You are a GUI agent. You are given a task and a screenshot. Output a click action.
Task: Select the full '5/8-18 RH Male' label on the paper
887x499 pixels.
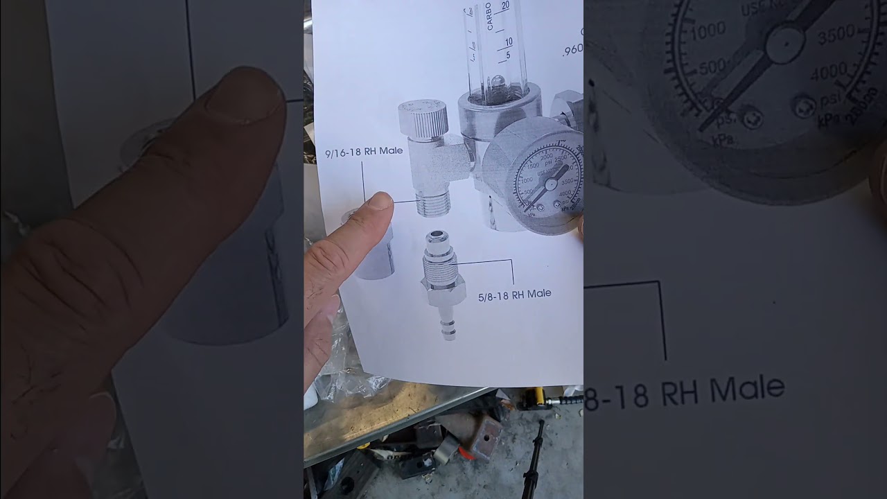(x=515, y=294)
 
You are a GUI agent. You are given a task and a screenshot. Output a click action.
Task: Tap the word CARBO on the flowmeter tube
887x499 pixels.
(x=490, y=15)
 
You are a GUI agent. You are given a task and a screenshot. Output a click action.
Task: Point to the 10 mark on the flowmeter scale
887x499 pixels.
(x=509, y=42)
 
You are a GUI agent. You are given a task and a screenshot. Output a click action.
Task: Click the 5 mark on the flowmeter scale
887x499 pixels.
(x=509, y=55)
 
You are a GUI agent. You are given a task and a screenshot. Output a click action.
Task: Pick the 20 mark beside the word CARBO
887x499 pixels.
(x=506, y=6)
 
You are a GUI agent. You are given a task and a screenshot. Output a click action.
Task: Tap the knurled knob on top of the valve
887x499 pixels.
(x=423, y=118)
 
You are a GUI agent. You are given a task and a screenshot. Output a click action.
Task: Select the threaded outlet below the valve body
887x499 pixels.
(x=434, y=204)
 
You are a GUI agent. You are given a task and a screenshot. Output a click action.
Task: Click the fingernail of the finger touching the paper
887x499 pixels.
(x=380, y=201)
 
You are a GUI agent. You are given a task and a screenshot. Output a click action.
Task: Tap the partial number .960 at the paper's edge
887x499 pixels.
(x=573, y=50)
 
